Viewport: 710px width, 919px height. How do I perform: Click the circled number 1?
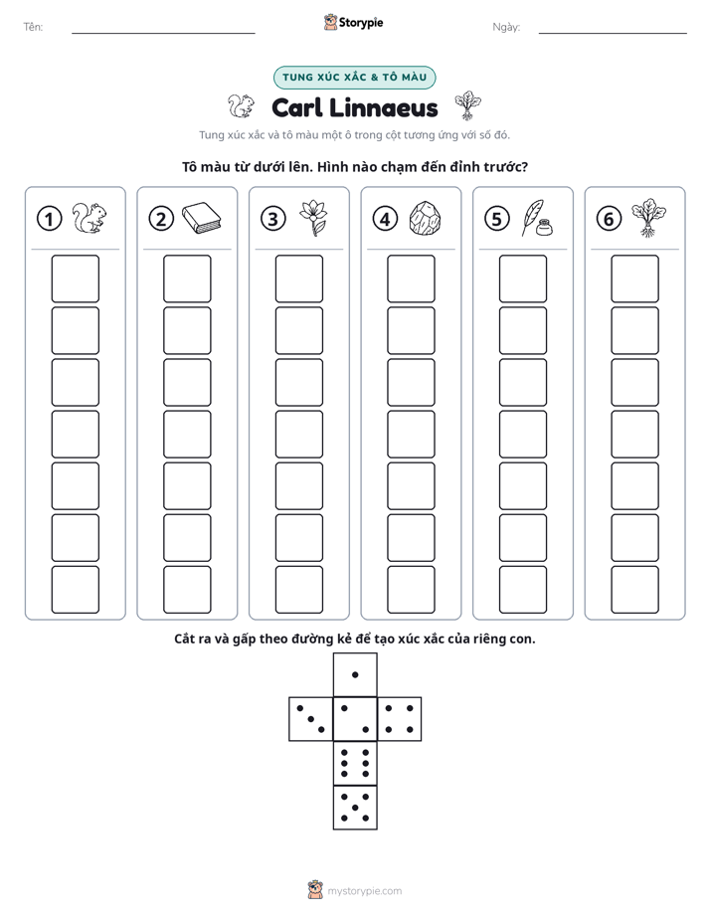click(49, 219)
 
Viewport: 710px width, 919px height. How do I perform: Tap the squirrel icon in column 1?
click(89, 218)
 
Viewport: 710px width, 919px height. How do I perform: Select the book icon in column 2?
click(202, 218)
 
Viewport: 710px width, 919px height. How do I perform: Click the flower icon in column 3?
click(313, 218)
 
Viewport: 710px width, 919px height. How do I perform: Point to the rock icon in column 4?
click(425, 219)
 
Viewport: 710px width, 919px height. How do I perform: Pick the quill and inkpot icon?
click(537, 219)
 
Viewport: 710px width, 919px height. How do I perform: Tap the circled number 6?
click(609, 219)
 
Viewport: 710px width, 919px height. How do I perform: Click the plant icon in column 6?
click(648, 218)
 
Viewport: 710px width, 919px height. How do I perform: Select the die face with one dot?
click(355, 674)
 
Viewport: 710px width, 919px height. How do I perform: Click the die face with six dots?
click(355, 763)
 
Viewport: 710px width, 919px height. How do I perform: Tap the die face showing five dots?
click(355, 807)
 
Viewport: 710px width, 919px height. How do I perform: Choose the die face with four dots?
click(400, 719)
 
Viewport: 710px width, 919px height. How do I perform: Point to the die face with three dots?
click(311, 719)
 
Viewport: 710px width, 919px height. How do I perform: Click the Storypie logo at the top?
click(354, 22)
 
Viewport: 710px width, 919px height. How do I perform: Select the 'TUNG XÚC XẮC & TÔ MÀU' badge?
click(354, 78)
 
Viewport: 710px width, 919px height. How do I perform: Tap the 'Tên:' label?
click(33, 27)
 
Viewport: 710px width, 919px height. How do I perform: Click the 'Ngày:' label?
click(506, 28)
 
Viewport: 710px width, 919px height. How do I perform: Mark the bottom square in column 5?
click(523, 590)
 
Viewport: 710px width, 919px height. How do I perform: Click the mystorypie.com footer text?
click(364, 891)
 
